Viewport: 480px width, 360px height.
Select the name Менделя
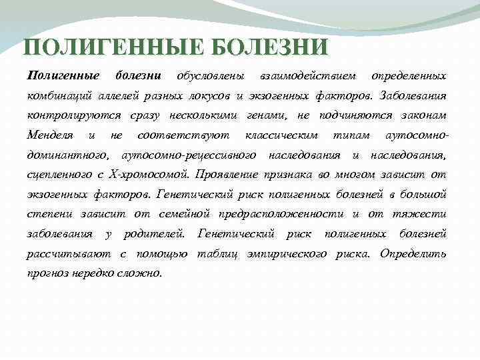50,135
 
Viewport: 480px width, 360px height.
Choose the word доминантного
68,155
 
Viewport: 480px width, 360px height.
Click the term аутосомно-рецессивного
189,155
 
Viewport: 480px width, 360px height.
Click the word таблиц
215,254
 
